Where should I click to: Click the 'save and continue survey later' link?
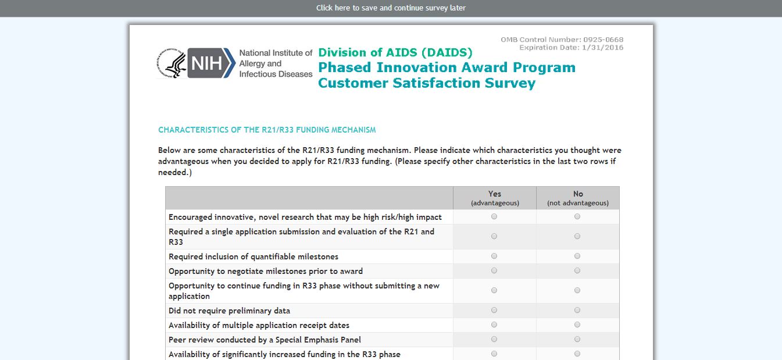click(x=391, y=8)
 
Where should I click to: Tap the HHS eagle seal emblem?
click(x=172, y=63)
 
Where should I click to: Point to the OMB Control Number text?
click(x=562, y=40)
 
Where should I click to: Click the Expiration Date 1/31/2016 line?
click(x=571, y=48)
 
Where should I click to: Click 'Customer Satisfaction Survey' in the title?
click(x=427, y=83)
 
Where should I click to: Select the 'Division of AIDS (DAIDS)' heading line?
click(x=395, y=52)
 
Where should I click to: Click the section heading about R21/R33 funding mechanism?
click(x=267, y=130)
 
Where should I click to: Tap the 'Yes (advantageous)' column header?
click(x=495, y=198)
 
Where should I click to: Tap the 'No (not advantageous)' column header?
click(x=578, y=198)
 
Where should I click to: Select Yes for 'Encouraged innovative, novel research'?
click(x=494, y=216)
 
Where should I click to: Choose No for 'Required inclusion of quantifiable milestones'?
click(x=577, y=256)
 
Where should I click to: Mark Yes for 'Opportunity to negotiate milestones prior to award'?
click(x=494, y=270)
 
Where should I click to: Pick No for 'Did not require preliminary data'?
click(x=577, y=310)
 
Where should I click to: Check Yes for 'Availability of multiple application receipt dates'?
click(x=494, y=325)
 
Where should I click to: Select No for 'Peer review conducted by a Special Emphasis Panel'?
click(x=577, y=339)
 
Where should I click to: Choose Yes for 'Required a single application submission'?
click(x=494, y=236)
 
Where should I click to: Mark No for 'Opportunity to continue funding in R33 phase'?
click(x=577, y=290)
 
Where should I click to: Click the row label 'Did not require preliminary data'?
click(x=229, y=311)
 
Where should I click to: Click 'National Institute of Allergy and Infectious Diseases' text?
click(x=276, y=63)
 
